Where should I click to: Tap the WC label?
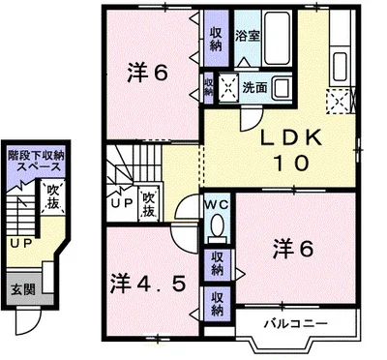[215, 205]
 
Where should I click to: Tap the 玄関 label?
[22, 289]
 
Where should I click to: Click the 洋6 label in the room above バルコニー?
[294, 249]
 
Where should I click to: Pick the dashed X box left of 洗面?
[230, 85]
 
